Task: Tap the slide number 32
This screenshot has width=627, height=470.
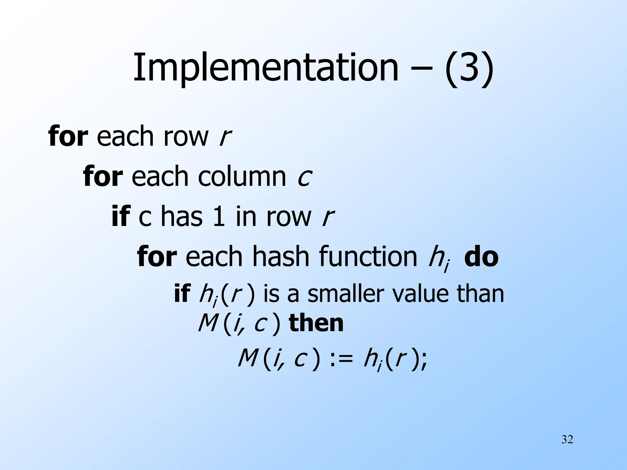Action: [567, 440]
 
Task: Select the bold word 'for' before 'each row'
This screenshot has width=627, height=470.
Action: [68, 136]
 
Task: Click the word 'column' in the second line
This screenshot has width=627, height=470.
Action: [242, 177]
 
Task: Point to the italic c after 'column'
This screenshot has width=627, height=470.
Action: [304, 177]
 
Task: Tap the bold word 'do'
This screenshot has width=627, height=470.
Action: [481, 257]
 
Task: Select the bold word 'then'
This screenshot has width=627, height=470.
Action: [316, 324]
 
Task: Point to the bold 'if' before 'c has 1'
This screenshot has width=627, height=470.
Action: [121, 217]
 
